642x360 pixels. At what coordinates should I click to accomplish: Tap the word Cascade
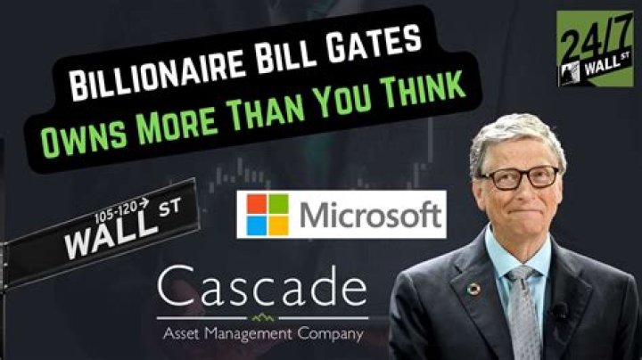pos(260,290)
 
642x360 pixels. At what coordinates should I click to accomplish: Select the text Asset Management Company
pos(260,335)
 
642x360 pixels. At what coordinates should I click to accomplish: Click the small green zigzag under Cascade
pos(260,316)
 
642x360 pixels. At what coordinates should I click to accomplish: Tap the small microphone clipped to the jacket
pos(561,312)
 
